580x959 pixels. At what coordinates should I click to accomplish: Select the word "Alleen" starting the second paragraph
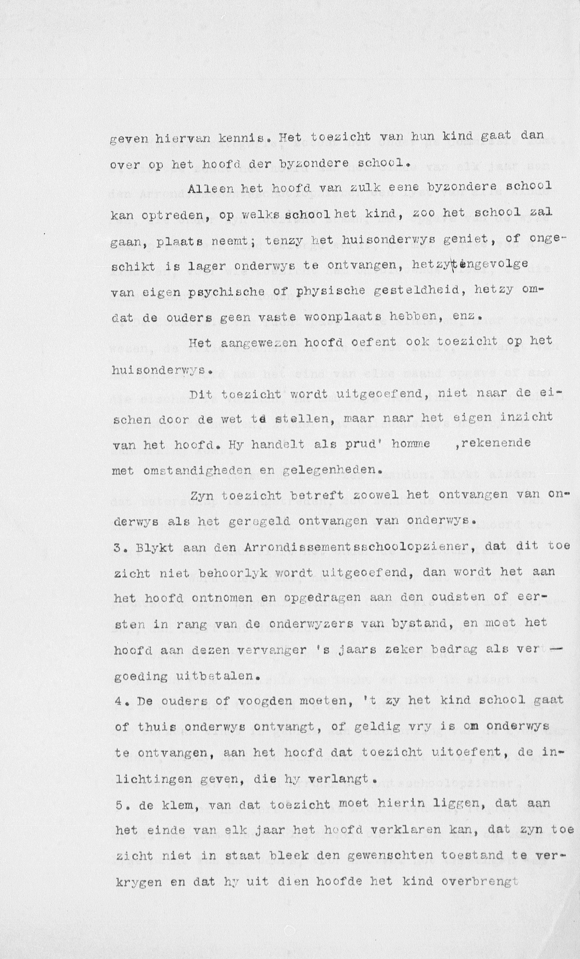[210, 189]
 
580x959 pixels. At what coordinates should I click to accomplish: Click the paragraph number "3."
[121, 547]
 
